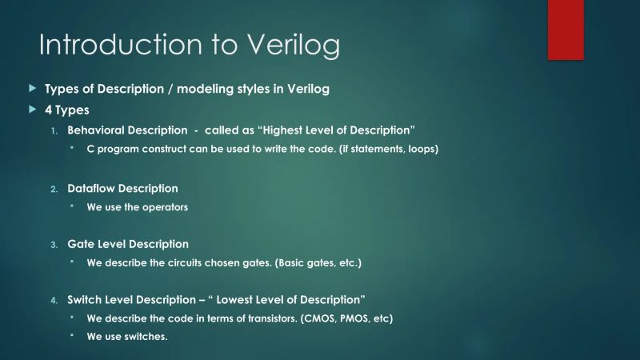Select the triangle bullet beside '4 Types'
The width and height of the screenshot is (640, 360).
pos(32,109)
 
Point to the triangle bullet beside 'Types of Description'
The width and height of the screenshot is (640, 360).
pos(32,88)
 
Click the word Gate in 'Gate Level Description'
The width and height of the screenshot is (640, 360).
pos(81,244)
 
